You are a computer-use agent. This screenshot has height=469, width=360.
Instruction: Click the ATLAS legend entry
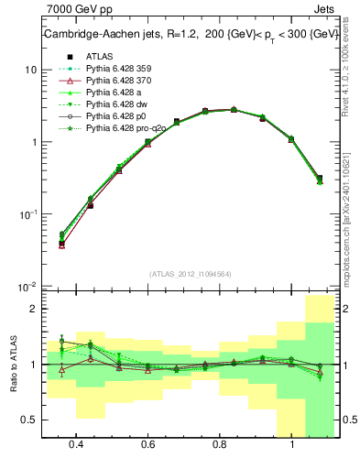[98, 57]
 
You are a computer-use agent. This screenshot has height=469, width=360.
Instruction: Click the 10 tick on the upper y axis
[30, 71]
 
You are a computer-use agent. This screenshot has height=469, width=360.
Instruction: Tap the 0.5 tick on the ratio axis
[28, 420]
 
